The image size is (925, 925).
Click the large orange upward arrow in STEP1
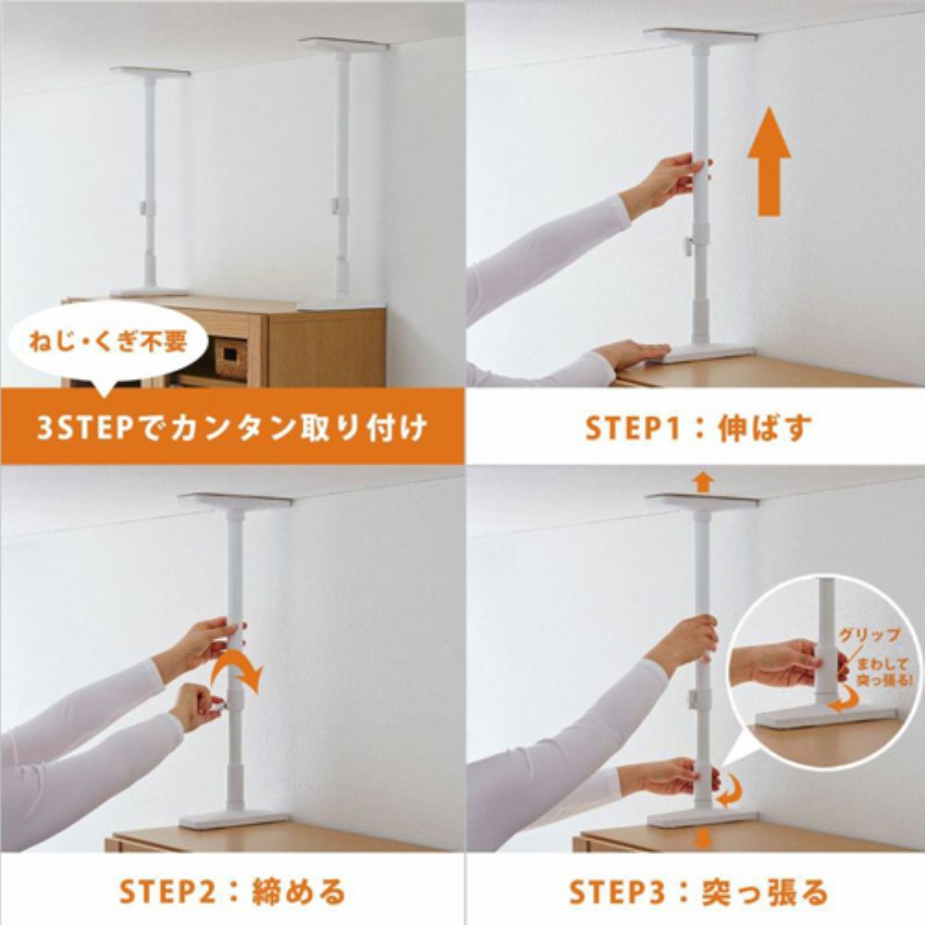[x=769, y=166]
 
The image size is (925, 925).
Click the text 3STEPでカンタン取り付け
[x=231, y=429]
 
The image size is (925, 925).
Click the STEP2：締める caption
[x=232, y=892]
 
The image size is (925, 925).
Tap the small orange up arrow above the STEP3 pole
[x=703, y=482]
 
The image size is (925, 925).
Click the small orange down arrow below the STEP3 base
[x=703, y=838]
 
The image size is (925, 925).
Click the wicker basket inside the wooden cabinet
[x=230, y=356]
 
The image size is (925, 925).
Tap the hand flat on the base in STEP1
[x=633, y=354]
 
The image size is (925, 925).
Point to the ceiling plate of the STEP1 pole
[x=700, y=35]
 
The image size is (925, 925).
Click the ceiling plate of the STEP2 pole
[x=235, y=500]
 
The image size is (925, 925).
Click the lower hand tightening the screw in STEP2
[x=196, y=706]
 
